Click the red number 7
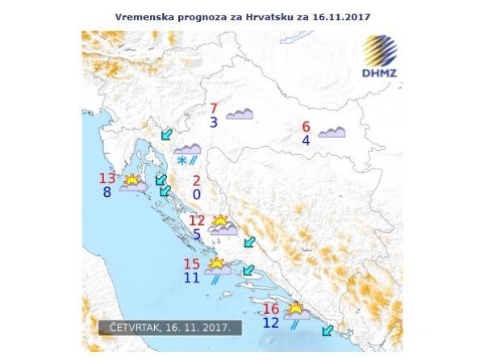[214, 109]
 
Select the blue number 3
[214, 123]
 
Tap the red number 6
[306, 127]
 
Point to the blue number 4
[306, 140]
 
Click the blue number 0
[197, 195]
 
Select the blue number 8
[107, 193]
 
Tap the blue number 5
[198, 235]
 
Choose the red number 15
[192, 264]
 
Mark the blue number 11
[191, 278]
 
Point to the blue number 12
[271, 323]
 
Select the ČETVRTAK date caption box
[170, 329]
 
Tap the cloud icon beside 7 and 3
[240, 115]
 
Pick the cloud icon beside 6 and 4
[332, 132]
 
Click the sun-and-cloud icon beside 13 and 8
[133, 182]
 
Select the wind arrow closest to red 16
[326, 329]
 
